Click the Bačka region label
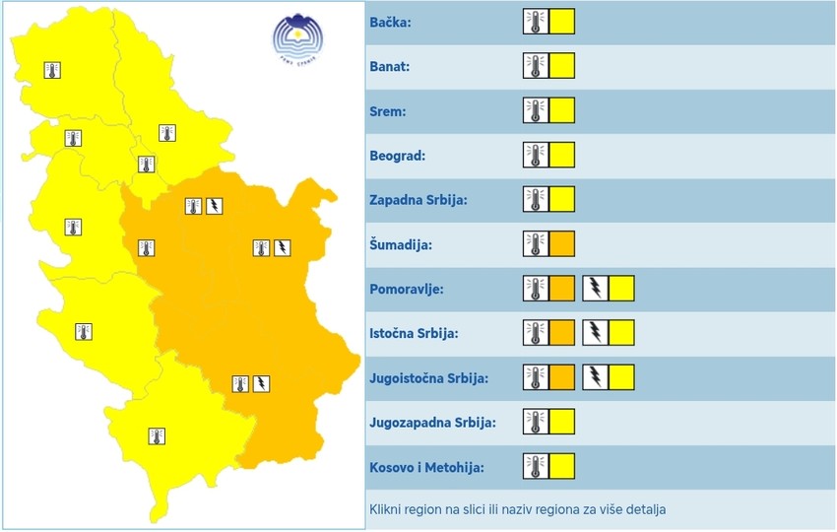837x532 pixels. coord(390,22)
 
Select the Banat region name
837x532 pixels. coord(390,66)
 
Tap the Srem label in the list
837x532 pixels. coord(388,110)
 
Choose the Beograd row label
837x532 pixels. coord(397,155)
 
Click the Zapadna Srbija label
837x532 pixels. coord(418,199)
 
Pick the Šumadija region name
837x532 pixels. coord(402,243)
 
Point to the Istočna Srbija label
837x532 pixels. coord(414,333)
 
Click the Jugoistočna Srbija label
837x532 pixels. coord(429,377)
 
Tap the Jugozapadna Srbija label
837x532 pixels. coord(432,422)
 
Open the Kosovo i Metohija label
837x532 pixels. coord(427,466)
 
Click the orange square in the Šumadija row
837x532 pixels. coord(561,243)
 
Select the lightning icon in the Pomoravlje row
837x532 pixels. coord(596,289)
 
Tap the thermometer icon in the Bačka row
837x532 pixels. coord(535,22)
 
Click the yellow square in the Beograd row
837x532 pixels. coord(561,155)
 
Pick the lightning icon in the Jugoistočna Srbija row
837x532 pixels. coord(596,377)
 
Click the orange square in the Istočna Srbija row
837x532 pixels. coord(561,333)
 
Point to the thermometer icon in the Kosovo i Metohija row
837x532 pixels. coord(535,466)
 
